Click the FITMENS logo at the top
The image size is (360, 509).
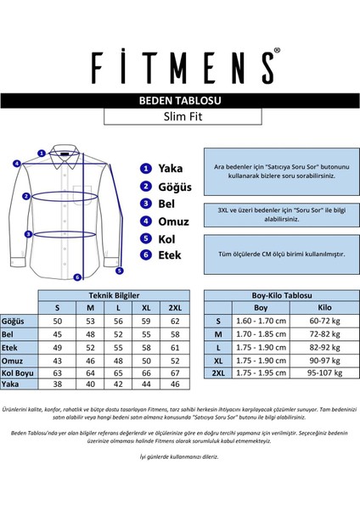[x=180, y=64]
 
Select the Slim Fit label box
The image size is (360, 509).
[x=180, y=117]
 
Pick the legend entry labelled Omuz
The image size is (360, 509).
[x=173, y=221]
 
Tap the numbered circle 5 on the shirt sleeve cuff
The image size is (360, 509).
[x=121, y=271]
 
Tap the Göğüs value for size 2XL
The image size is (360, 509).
[x=175, y=322]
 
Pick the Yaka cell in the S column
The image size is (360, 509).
[x=59, y=384]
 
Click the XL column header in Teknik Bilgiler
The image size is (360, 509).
[x=145, y=308]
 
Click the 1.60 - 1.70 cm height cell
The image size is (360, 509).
[x=261, y=322]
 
